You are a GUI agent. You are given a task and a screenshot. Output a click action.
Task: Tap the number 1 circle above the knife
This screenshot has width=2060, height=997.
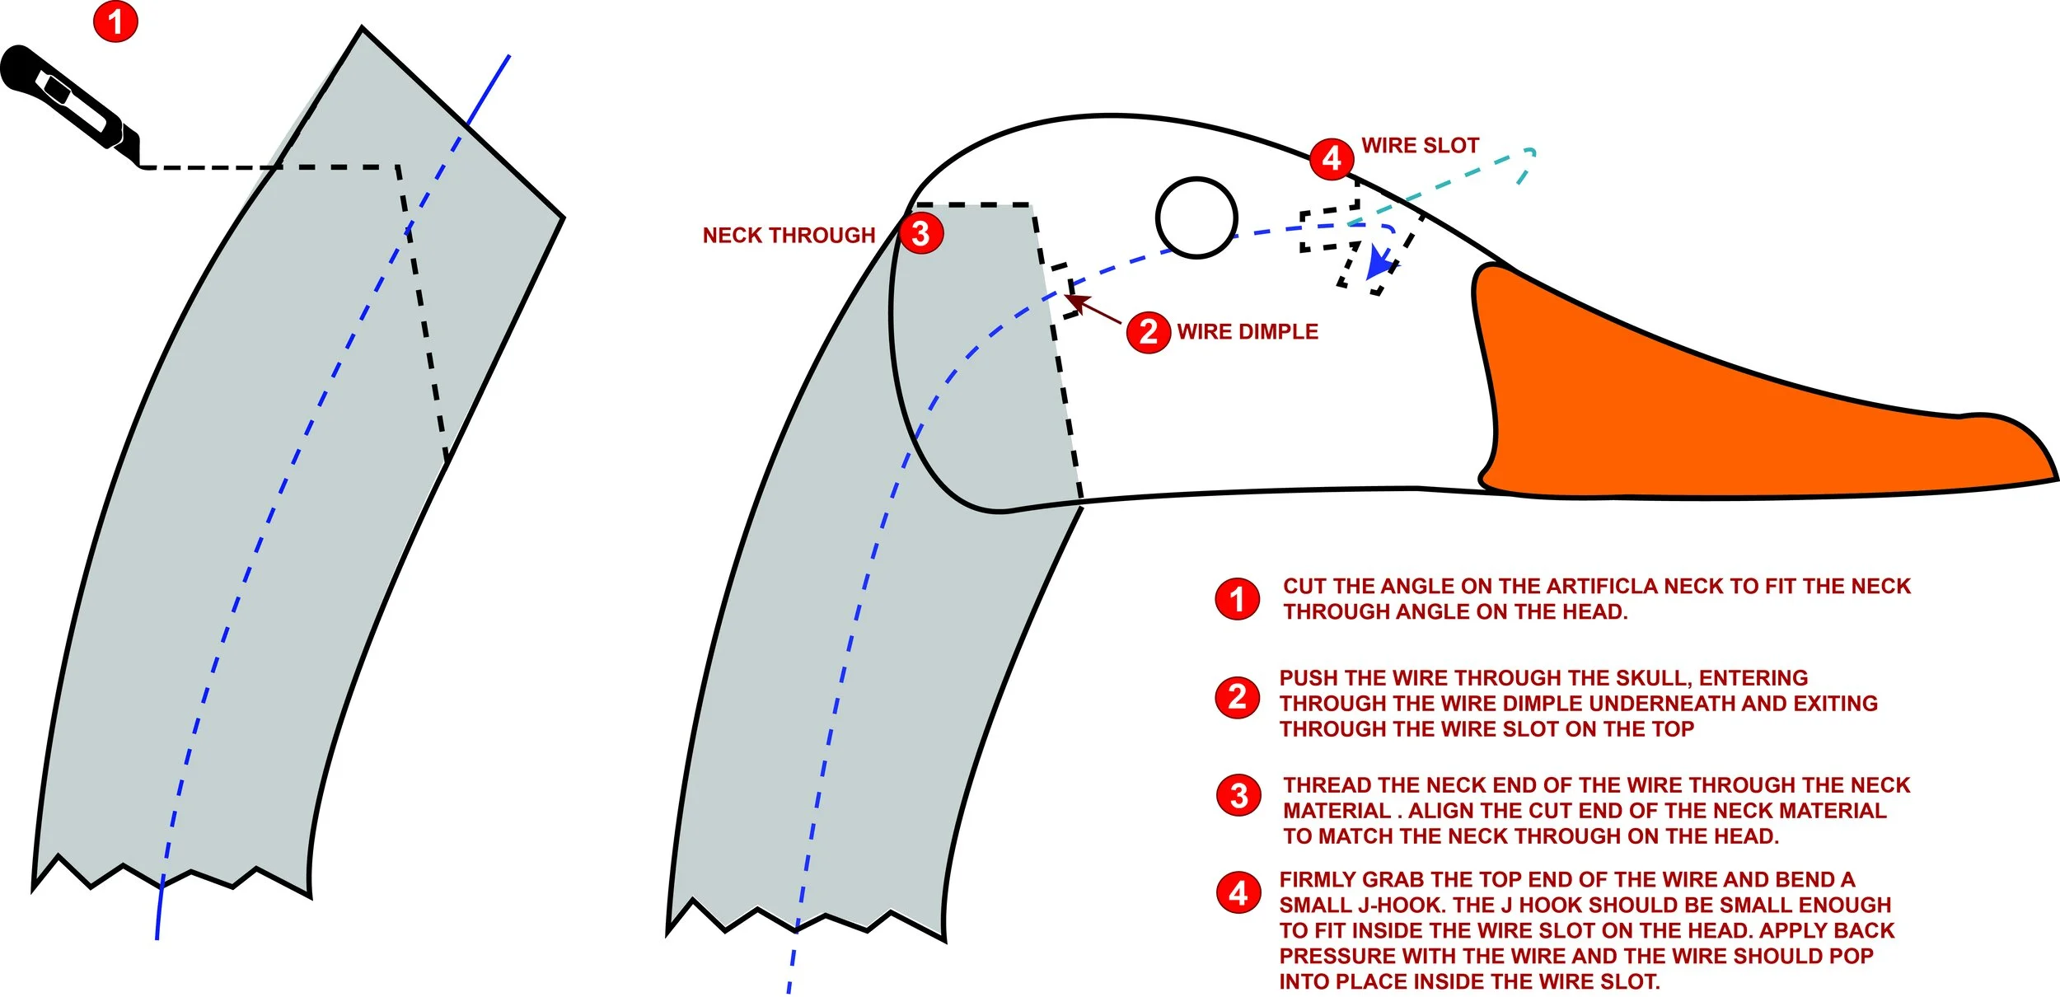pyautogui.click(x=115, y=21)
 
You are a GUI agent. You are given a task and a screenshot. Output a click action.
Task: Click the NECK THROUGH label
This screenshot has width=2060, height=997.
pyautogui.click(x=789, y=236)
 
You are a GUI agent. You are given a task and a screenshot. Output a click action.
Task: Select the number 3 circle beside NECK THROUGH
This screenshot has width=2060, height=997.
pyautogui.click(x=921, y=233)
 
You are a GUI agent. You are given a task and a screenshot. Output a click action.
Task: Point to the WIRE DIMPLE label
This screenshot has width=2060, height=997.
pyautogui.click(x=1248, y=332)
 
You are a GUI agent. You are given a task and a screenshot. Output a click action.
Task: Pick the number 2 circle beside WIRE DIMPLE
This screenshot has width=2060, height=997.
pyautogui.click(x=1149, y=332)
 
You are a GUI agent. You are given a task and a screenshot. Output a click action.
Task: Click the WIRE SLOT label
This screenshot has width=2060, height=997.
pyautogui.click(x=1421, y=146)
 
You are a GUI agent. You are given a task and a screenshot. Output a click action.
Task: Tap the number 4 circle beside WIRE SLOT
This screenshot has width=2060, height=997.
pyautogui.click(x=1332, y=158)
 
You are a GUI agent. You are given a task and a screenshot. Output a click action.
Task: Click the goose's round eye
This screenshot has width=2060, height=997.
pyautogui.click(x=1196, y=218)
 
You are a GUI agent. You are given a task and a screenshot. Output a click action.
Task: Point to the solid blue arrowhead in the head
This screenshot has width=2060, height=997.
pyautogui.click(x=1381, y=264)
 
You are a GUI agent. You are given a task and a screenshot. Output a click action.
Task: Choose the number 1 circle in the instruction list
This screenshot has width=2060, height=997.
pyautogui.click(x=1237, y=599)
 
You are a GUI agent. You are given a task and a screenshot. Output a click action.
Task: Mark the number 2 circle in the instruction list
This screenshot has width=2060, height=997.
pyautogui.click(x=1237, y=698)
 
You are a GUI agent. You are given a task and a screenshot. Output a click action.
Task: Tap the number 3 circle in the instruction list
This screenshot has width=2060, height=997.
pyautogui.click(x=1238, y=795)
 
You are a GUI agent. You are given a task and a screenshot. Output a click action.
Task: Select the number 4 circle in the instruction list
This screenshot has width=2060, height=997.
pyautogui.click(x=1238, y=893)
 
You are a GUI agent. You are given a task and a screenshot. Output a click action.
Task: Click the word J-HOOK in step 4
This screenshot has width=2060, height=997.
pyautogui.click(x=1402, y=906)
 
